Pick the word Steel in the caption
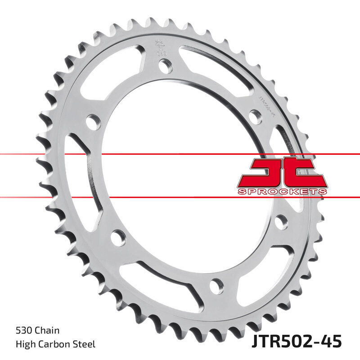85,344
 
